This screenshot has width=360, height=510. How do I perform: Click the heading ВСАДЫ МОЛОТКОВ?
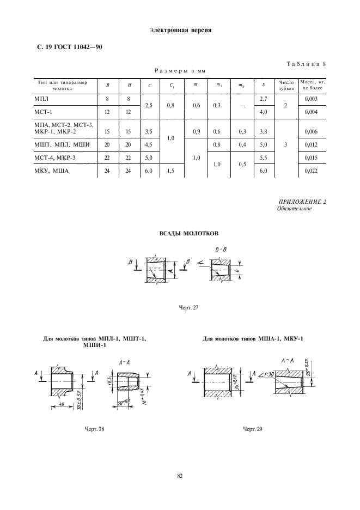[x=188, y=233]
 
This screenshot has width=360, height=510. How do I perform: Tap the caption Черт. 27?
[x=188, y=308]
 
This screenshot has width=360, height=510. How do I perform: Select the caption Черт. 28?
[x=94, y=429]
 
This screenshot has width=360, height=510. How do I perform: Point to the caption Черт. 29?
[x=253, y=429]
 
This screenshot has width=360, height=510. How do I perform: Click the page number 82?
[x=180, y=476]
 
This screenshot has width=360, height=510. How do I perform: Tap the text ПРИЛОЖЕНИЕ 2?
[x=301, y=203]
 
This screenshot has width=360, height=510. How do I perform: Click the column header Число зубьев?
[x=286, y=85]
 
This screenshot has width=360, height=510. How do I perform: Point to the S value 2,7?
[x=264, y=98]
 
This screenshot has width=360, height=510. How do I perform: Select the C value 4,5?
[x=147, y=144]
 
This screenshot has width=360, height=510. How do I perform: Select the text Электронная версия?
[x=180, y=30]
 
